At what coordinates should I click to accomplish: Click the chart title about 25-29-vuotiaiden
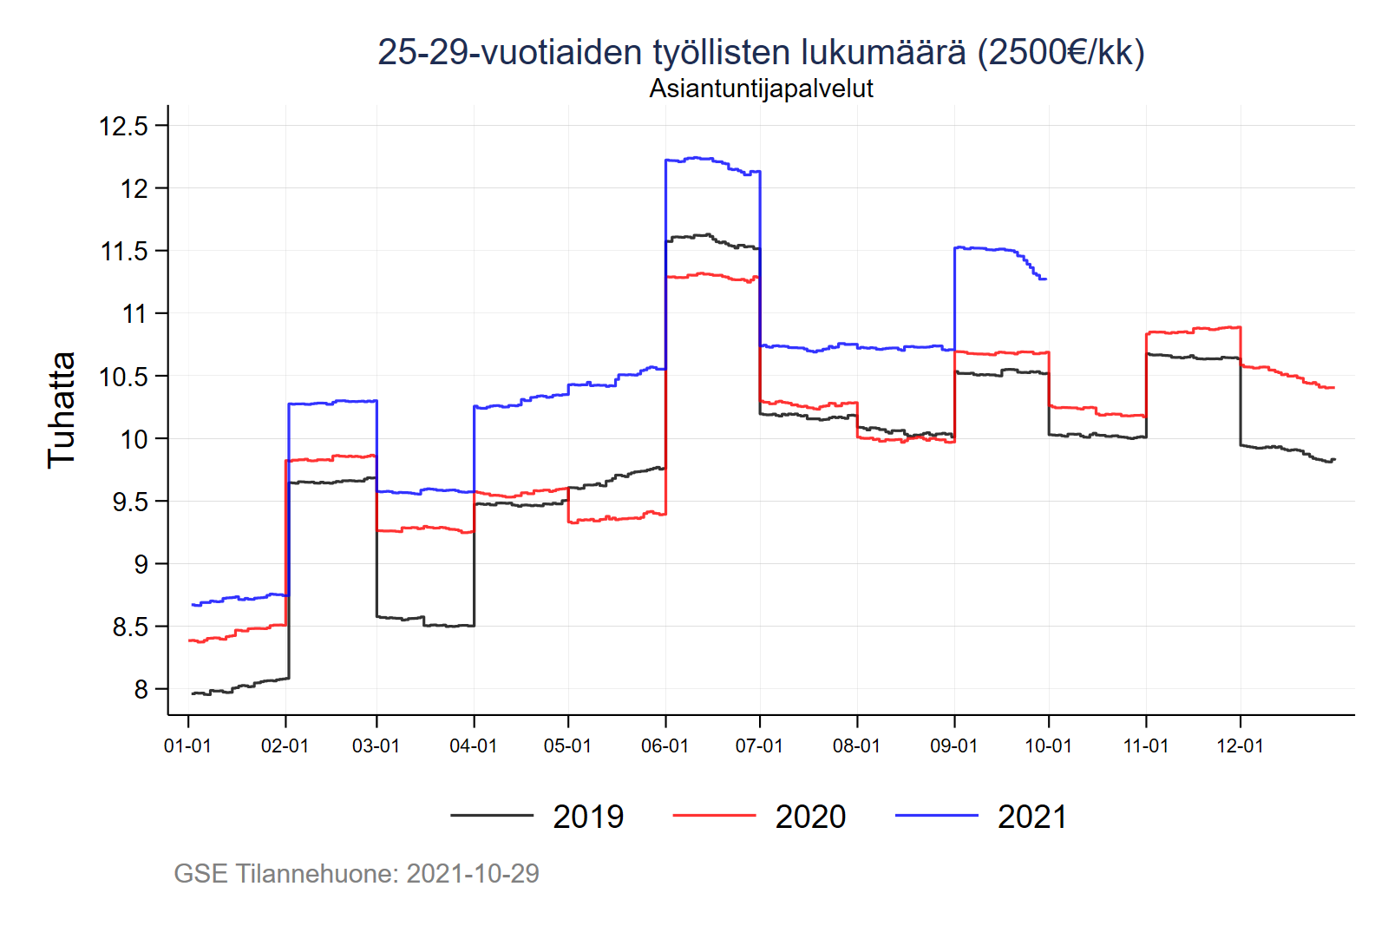click(x=761, y=52)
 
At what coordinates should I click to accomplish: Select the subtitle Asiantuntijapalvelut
click(x=761, y=89)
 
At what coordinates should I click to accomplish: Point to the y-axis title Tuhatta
click(x=62, y=410)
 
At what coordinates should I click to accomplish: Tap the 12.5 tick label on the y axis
click(x=124, y=126)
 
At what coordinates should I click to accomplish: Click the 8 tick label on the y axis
click(x=141, y=690)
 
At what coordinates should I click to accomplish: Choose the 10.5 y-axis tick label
click(x=124, y=377)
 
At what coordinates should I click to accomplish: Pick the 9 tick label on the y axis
click(x=141, y=565)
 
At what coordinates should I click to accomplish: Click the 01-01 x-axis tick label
click(x=187, y=746)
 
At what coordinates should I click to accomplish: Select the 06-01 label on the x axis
click(x=665, y=746)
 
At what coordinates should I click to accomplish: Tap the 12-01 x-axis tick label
click(x=1240, y=746)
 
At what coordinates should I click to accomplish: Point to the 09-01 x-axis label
click(x=953, y=746)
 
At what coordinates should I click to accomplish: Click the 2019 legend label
click(x=588, y=817)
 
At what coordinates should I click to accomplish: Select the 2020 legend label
click(x=810, y=817)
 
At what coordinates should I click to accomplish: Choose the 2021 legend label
click(x=1032, y=817)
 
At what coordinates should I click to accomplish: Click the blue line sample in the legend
click(x=936, y=816)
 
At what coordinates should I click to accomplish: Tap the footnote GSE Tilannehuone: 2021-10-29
click(x=357, y=873)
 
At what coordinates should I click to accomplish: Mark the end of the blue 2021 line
click(x=1046, y=279)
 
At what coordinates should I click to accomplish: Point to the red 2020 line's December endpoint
click(x=1333, y=388)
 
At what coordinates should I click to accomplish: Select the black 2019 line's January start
click(x=193, y=693)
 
